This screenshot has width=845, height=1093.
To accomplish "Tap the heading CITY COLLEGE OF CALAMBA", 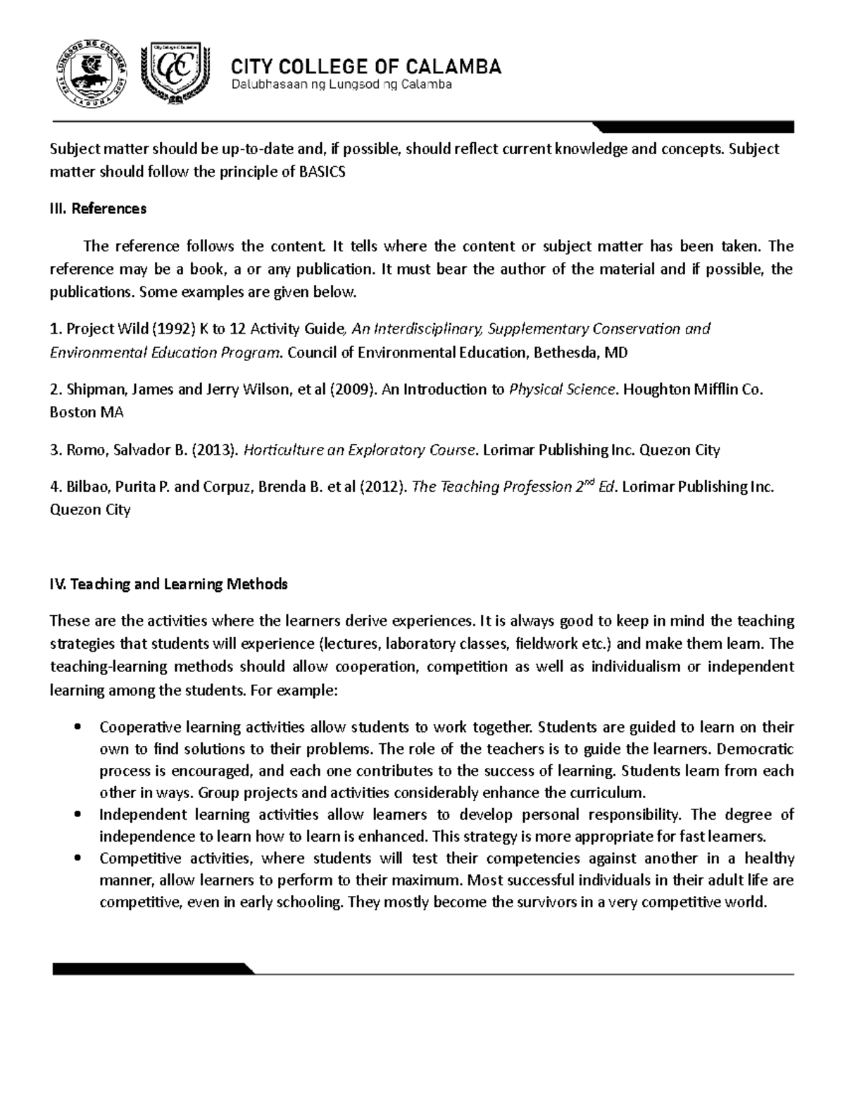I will (x=366, y=67).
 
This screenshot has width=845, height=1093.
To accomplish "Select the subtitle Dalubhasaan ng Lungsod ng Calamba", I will (x=342, y=85).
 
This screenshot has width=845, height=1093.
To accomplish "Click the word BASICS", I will (x=323, y=172).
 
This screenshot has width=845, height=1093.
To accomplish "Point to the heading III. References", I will (x=98, y=208).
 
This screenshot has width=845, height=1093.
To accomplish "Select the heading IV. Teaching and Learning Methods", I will (x=168, y=584).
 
